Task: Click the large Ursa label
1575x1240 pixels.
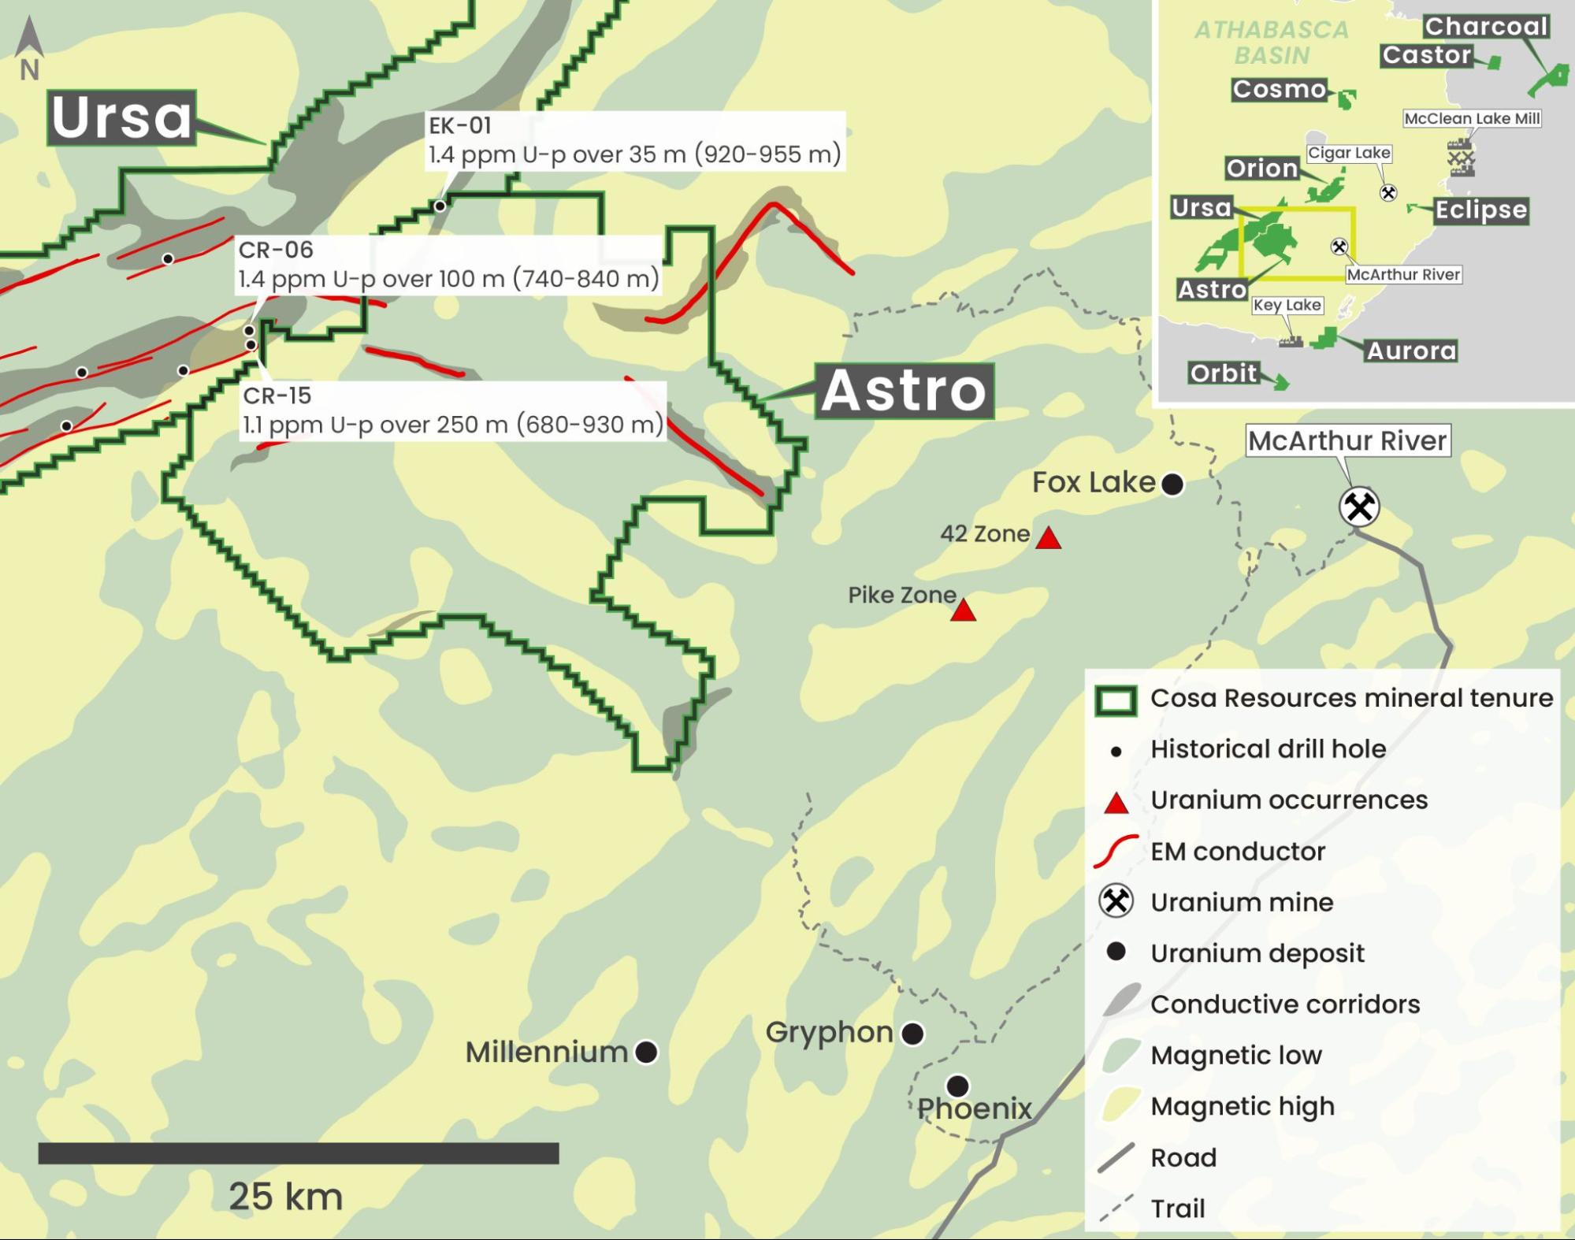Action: point(121,118)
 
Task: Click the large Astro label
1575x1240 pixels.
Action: point(904,391)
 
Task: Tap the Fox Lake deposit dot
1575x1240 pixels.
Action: point(1172,484)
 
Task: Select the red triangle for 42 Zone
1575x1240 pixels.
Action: point(1048,539)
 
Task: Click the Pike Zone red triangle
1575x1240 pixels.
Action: point(963,611)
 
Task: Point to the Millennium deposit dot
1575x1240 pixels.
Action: point(646,1052)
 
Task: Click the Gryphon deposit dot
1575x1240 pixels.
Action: point(912,1033)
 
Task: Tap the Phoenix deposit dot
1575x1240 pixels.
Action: point(957,1086)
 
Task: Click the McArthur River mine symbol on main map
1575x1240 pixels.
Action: point(1359,507)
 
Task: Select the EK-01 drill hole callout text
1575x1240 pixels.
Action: point(634,140)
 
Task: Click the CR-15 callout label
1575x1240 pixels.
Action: point(453,410)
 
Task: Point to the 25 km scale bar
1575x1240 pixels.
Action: point(298,1153)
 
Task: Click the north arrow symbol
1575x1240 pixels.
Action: point(29,47)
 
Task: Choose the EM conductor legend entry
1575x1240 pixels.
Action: point(1237,851)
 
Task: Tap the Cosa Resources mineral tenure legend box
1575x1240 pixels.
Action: point(1116,700)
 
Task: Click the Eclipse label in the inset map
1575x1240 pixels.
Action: point(1480,210)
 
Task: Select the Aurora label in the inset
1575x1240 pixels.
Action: point(1410,351)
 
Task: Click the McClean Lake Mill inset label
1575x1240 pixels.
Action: point(1472,118)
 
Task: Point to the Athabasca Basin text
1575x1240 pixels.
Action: point(1272,43)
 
